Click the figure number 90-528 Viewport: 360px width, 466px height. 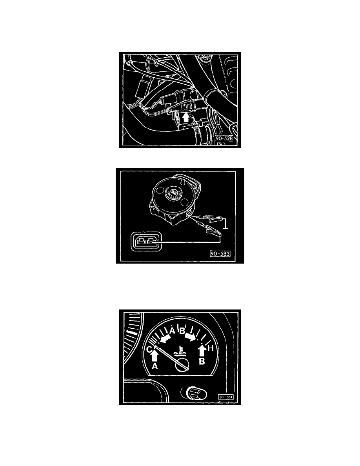click(x=224, y=138)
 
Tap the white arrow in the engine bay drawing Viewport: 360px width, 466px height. click(x=185, y=117)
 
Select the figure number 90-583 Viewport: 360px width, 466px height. click(x=220, y=253)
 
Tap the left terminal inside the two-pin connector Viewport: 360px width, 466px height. click(x=139, y=241)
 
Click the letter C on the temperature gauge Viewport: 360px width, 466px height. click(x=149, y=349)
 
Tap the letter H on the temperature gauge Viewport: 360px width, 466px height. click(x=210, y=348)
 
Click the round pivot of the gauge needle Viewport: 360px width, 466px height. click(x=182, y=365)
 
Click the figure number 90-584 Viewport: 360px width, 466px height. click(x=226, y=397)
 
